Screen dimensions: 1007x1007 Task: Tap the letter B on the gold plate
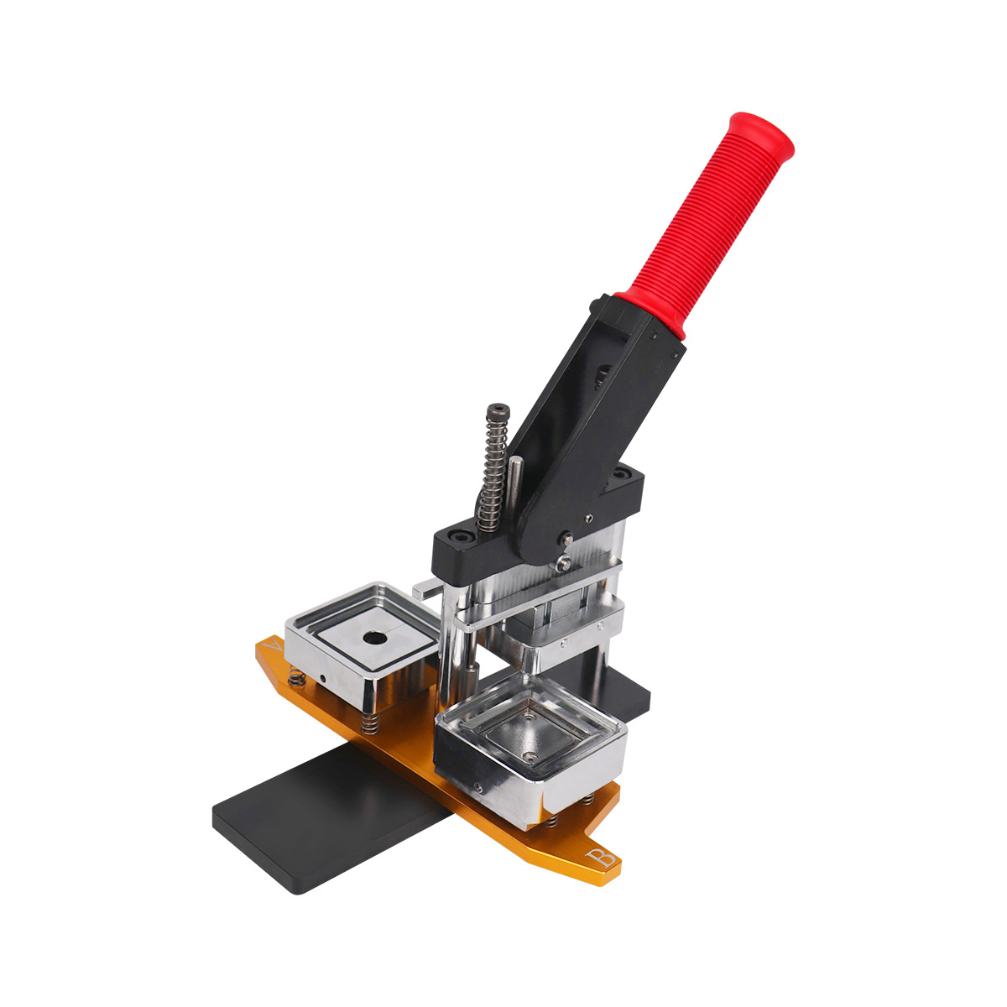pos(601,858)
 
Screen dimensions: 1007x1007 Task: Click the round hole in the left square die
pos(371,638)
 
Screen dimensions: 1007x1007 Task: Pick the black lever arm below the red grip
pos(587,403)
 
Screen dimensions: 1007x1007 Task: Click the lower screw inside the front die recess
pos(530,756)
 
